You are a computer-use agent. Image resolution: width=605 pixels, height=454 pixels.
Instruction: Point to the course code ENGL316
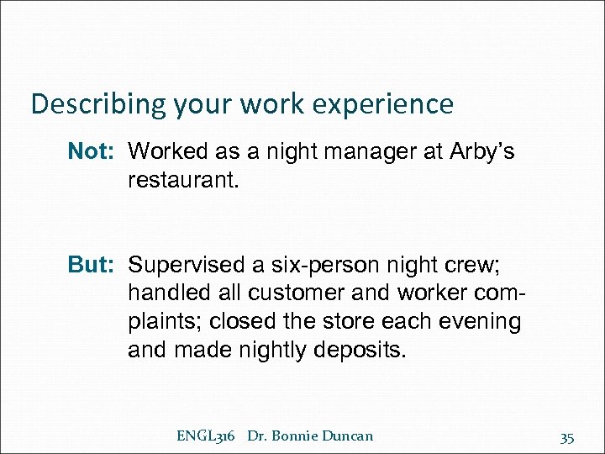pos(207,436)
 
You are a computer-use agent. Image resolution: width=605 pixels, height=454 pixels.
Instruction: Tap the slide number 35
pos(567,437)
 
